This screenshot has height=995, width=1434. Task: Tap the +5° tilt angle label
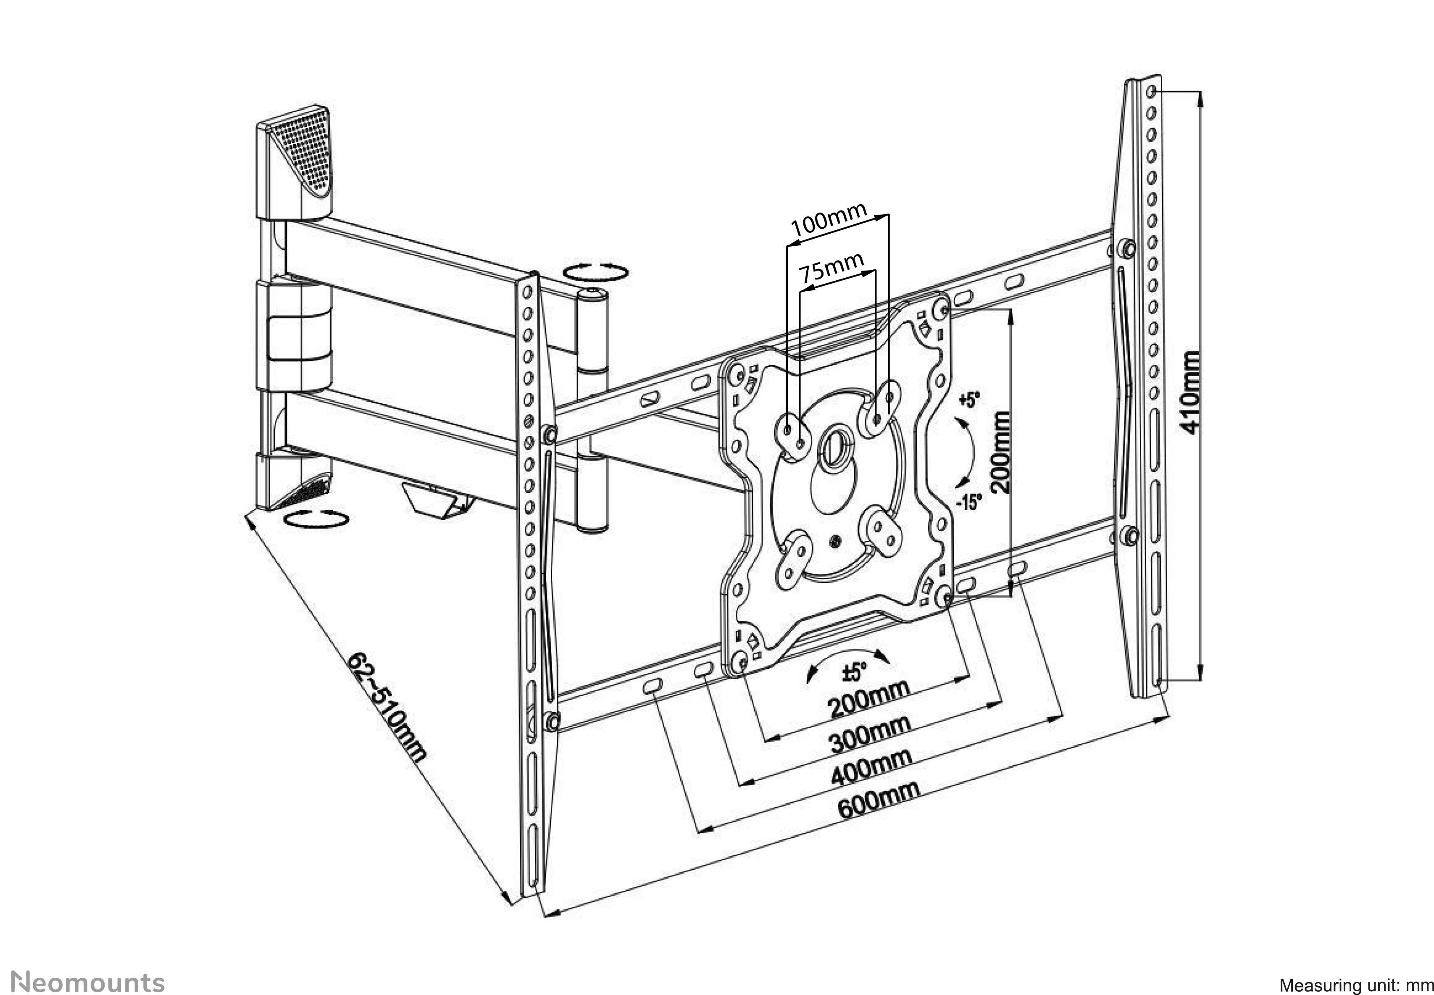(969, 400)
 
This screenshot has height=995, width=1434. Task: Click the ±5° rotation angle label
(855, 672)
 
